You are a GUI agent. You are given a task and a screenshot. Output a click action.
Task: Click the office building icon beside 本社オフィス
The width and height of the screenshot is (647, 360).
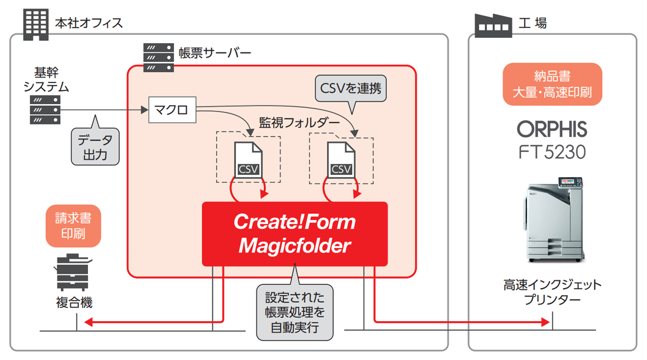[37, 23]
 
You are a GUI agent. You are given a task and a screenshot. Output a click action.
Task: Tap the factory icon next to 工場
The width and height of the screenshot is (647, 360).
[492, 23]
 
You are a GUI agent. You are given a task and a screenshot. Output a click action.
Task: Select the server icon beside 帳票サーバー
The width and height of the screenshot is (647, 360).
[159, 58]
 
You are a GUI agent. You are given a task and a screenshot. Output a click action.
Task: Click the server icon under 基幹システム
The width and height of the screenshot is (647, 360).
[45, 110]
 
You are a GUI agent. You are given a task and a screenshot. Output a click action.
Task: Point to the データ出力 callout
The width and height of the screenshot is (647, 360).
[95, 147]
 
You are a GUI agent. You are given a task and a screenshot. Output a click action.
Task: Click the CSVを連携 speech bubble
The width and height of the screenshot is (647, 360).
[350, 88]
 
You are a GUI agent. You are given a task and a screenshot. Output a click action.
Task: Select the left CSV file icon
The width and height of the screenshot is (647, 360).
[248, 160]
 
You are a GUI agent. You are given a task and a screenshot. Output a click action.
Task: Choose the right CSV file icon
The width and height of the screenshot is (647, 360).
[341, 160]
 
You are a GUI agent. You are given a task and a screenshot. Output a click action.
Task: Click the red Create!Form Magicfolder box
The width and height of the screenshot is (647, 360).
[294, 234]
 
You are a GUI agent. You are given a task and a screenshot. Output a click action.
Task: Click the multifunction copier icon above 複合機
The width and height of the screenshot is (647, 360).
[72, 272]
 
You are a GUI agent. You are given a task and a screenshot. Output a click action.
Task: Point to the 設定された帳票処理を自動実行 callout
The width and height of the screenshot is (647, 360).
[294, 312]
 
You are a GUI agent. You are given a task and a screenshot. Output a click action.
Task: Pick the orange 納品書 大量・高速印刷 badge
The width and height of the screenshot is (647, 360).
[552, 84]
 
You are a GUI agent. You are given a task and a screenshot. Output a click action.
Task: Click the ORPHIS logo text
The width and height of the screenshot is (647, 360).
[552, 129]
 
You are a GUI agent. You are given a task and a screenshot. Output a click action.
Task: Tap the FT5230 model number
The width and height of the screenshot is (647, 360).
[552, 153]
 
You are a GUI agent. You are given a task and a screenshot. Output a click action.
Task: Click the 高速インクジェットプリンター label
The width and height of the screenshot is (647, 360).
[552, 292]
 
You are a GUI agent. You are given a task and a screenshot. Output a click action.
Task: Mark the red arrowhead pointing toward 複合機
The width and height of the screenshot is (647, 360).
[90, 322]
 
